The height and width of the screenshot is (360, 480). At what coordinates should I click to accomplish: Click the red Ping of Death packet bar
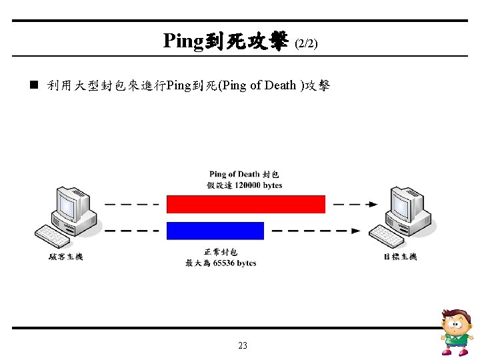coord(245,204)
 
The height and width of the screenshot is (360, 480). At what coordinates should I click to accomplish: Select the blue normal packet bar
coord(215,231)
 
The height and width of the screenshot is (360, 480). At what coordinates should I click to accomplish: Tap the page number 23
coord(242,345)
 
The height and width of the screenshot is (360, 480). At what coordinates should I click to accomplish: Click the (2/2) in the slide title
coord(306,44)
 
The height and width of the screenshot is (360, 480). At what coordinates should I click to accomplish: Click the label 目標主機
coord(400,257)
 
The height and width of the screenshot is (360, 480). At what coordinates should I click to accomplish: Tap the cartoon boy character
coord(457,331)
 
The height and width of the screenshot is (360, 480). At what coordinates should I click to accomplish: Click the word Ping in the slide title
coord(183,42)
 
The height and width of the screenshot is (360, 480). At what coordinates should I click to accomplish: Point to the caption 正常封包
coord(221,253)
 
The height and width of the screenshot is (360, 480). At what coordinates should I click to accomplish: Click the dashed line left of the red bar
coord(131,204)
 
